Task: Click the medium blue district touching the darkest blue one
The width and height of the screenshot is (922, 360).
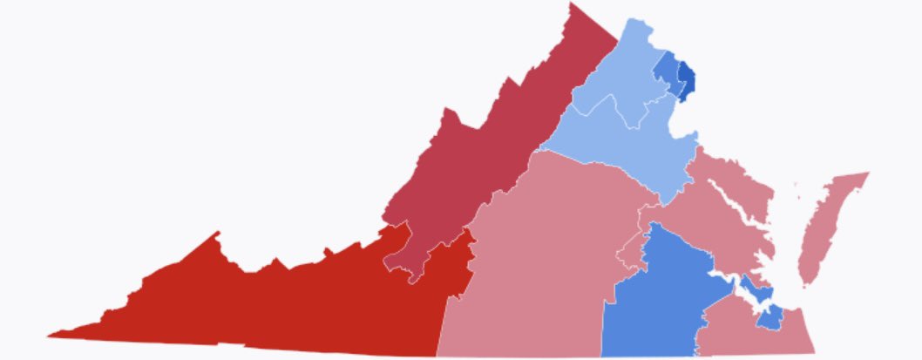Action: (667, 70)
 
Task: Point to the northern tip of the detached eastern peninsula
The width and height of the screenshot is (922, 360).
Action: (867, 173)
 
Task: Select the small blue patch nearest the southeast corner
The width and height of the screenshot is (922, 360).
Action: (769, 319)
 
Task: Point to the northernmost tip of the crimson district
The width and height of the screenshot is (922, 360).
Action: (573, 4)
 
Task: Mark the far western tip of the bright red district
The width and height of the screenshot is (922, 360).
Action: (50, 334)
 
